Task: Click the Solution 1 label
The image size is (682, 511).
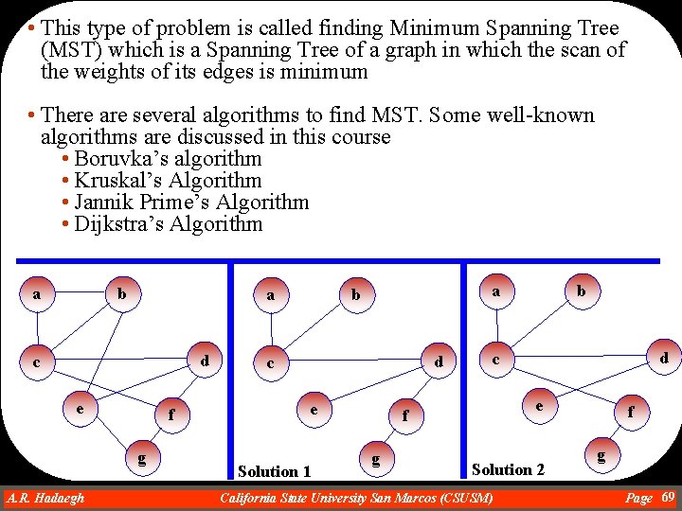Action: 275,471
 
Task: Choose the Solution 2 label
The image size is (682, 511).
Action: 508,469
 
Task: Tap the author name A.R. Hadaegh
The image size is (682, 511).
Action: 45,498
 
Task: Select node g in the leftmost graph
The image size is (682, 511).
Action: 141,459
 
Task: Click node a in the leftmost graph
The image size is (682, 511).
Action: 36,294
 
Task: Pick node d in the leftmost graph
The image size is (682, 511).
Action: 205,361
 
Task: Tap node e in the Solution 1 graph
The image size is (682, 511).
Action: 313,410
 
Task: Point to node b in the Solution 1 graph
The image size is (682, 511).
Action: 356,294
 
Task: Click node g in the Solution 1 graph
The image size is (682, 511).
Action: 376,460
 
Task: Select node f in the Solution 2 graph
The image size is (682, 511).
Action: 630,412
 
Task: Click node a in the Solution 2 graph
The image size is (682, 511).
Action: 495,292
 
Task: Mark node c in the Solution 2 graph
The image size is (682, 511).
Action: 495,360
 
